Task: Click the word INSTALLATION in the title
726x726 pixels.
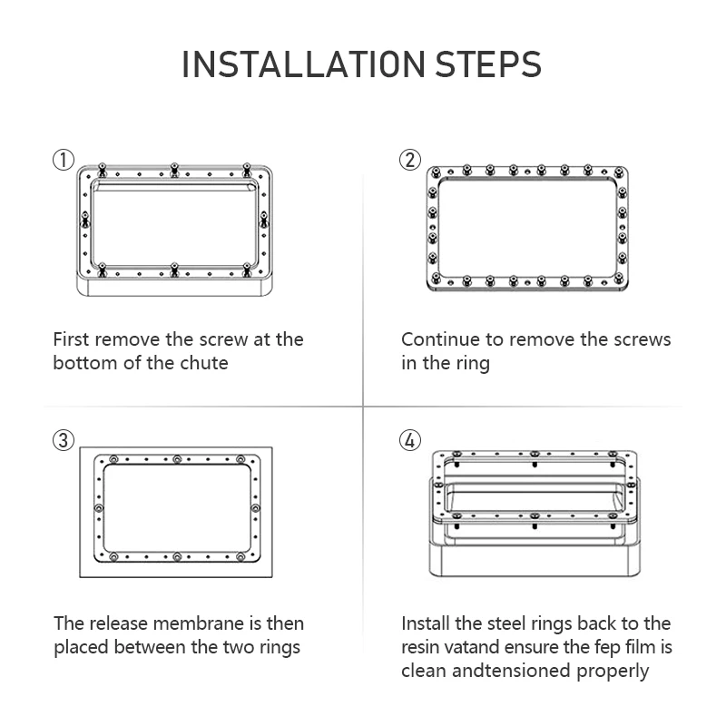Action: pyautogui.click(x=303, y=64)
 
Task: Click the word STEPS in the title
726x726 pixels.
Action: pyautogui.click(x=488, y=64)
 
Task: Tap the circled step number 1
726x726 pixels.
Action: pyautogui.click(x=64, y=161)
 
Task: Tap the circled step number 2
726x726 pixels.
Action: pyautogui.click(x=410, y=161)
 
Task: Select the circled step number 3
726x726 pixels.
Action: pyautogui.click(x=64, y=440)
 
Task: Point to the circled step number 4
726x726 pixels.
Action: pyautogui.click(x=410, y=440)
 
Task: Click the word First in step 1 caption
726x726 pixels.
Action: pyautogui.click(x=71, y=339)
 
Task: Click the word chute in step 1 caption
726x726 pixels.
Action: pyautogui.click(x=203, y=363)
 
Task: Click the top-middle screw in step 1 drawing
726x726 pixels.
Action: pyautogui.click(x=174, y=170)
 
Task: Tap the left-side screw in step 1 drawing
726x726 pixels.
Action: pyautogui.click(x=84, y=220)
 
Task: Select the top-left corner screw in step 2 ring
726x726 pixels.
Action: pyautogui.click(x=435, y=173)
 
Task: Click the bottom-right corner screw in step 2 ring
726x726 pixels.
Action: pyautogui.click(x=619, y=278)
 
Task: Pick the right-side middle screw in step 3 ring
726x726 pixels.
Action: pyautogui.click(x=255, y=508)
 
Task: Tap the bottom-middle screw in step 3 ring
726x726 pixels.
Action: pyautogui.click(x=176, y=556)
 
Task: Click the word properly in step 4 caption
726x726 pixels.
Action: pyautogui.click(x=612, y=672)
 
